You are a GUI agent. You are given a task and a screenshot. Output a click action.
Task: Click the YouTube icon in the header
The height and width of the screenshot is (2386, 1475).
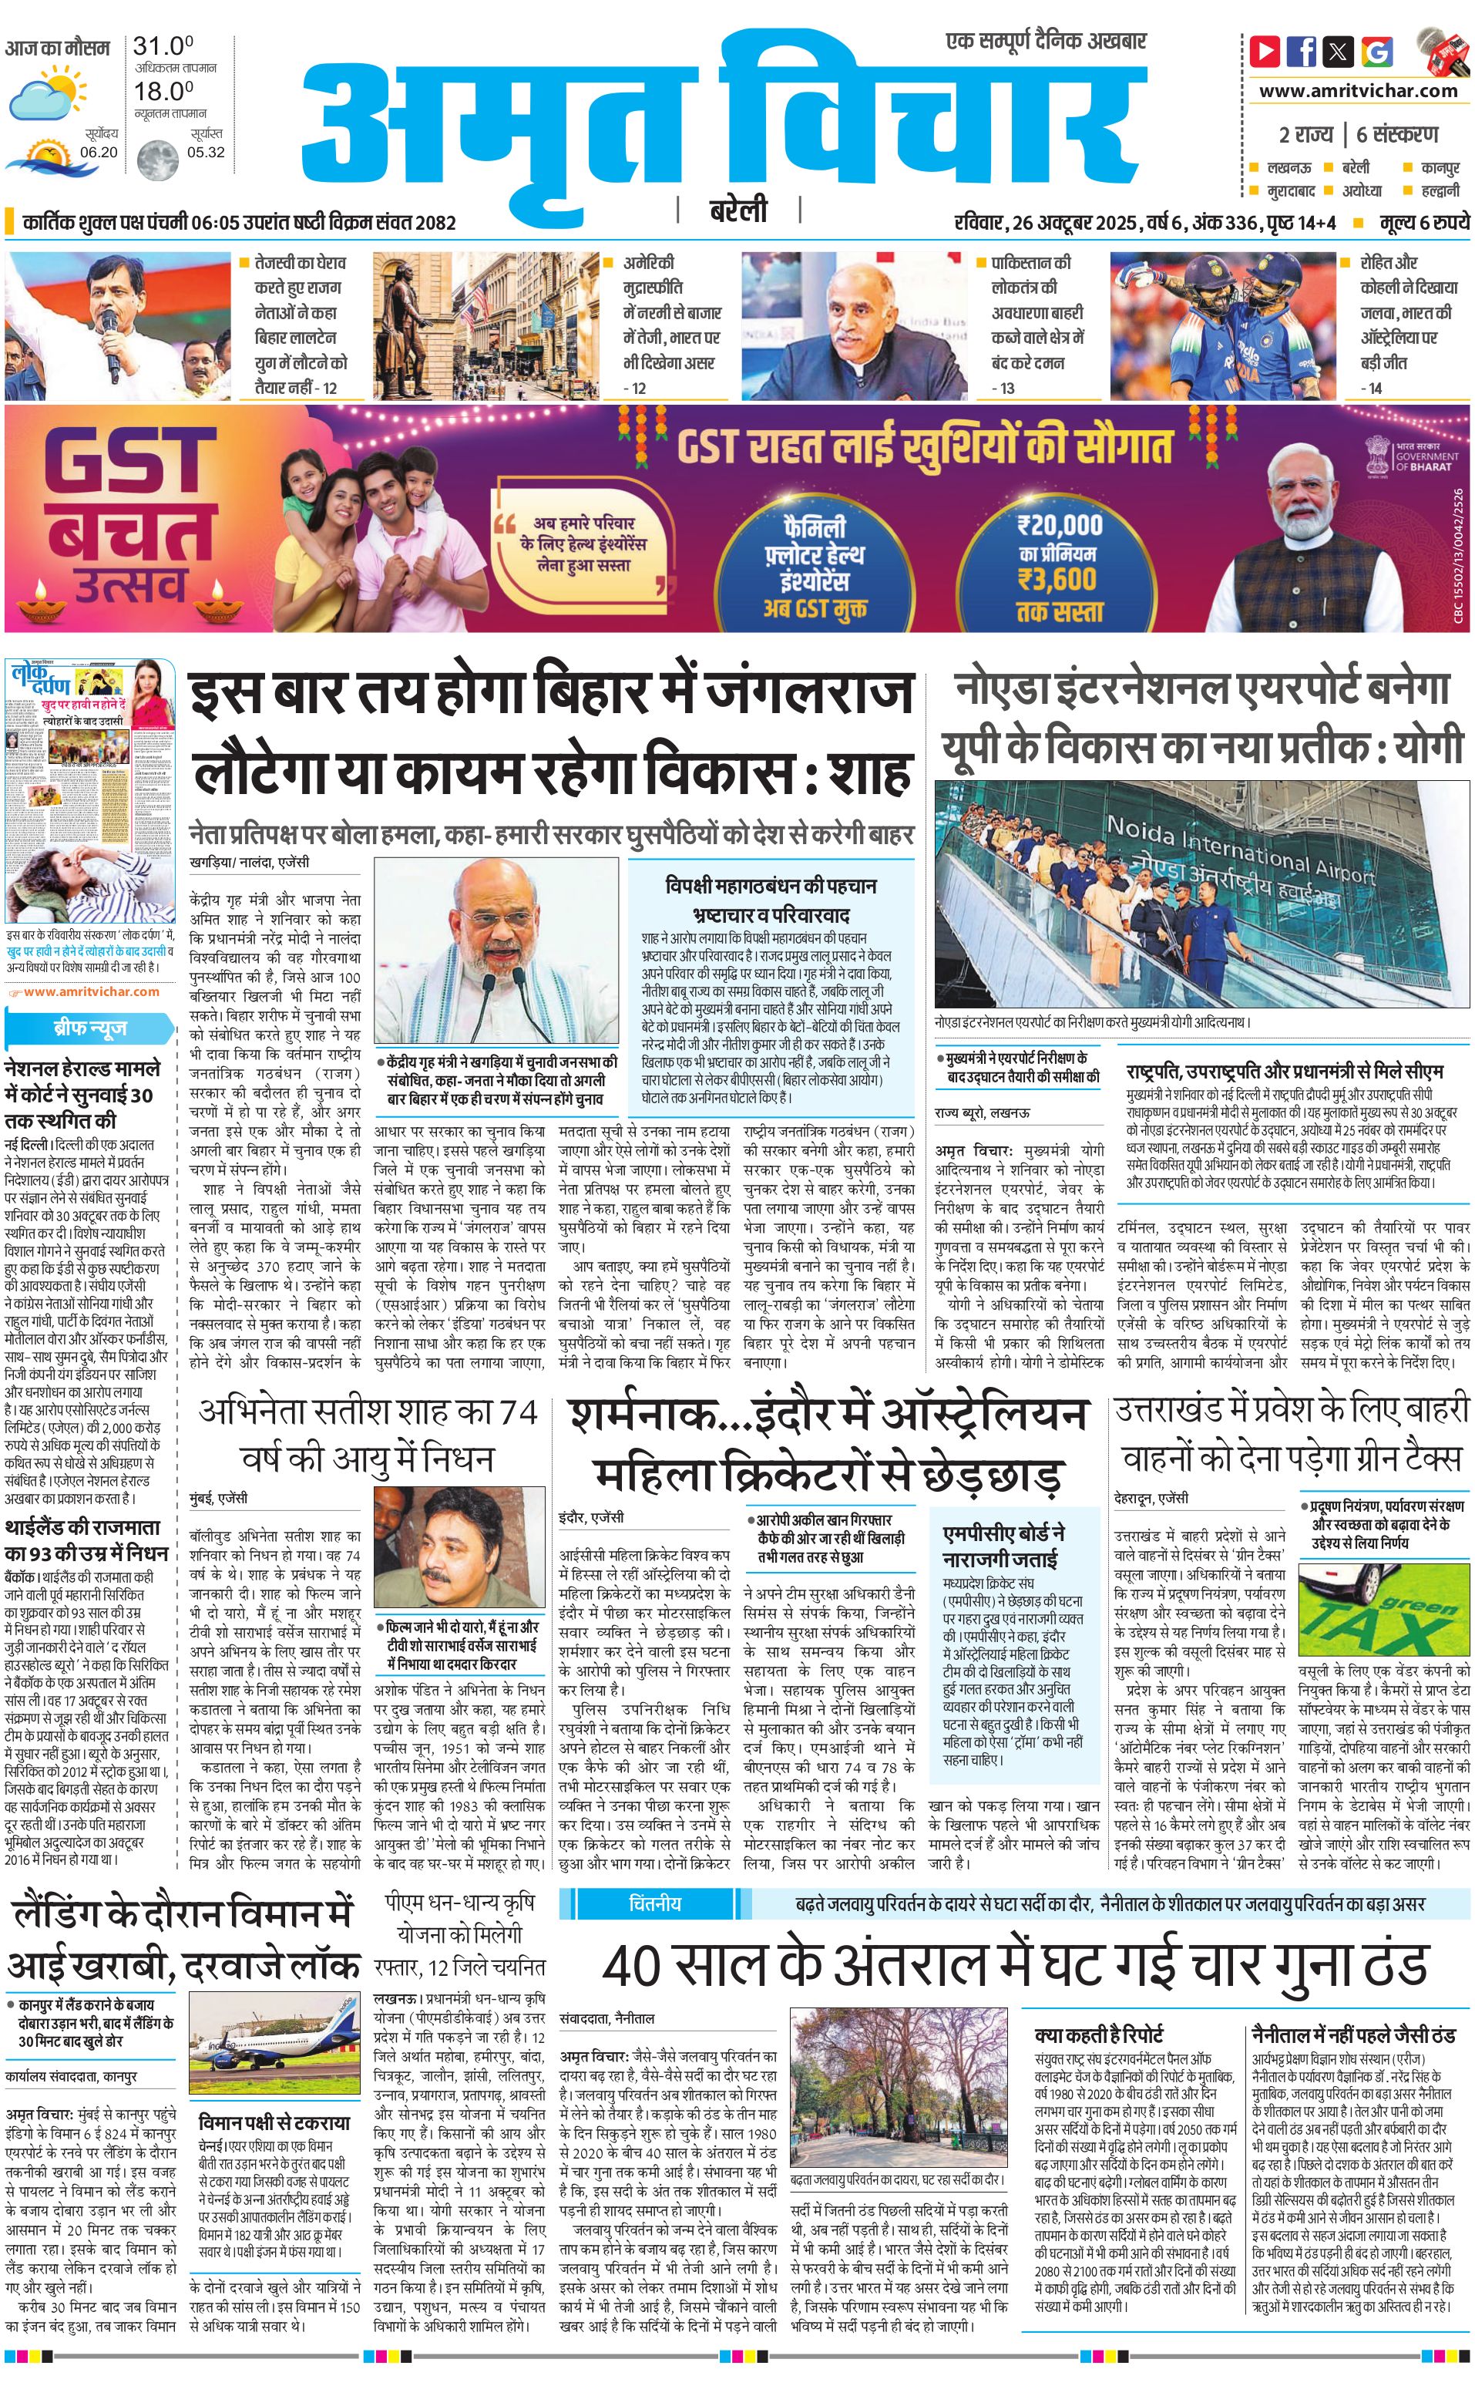click(1265, 51)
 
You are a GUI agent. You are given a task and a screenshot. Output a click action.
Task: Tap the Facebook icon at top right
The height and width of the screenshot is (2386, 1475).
click(1302, 51)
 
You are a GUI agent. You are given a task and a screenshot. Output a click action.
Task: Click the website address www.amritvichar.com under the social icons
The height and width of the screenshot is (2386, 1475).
click(1358, 91)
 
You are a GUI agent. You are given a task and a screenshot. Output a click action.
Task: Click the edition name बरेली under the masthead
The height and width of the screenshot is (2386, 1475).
click(737, 210)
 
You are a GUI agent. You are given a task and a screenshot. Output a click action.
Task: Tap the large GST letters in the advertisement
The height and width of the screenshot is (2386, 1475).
click(129, 463)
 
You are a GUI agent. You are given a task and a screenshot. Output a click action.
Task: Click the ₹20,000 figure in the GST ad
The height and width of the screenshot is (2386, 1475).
click(1060, 525)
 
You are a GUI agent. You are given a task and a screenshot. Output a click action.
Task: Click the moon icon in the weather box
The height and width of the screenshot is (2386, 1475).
click(157, 158)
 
